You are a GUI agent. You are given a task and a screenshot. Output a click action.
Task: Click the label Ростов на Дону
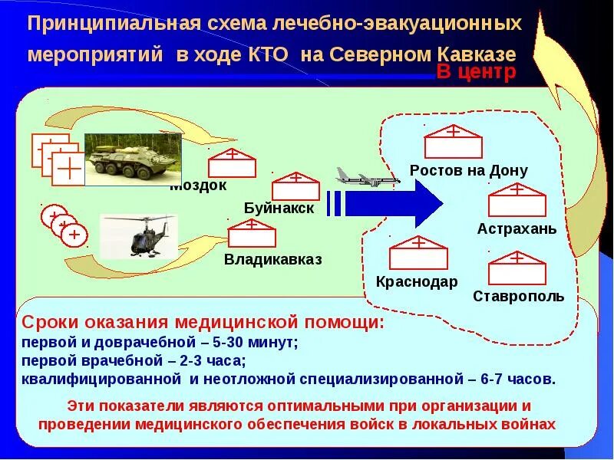point(469,171)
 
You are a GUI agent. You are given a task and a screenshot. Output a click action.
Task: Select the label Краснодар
point(417,281)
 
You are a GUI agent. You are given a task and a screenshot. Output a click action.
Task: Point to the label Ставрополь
point(519,296)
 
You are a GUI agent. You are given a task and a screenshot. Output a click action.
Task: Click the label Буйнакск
point(279,209)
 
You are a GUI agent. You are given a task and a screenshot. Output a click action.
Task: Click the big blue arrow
point(393,203)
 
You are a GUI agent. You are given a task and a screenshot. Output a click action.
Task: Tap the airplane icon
point(365,179)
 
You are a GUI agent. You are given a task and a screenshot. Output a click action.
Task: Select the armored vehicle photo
point(132,159)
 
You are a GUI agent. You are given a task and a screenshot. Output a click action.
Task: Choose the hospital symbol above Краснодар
point(418,253)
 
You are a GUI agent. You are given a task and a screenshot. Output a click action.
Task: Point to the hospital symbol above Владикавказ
point(252,233)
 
